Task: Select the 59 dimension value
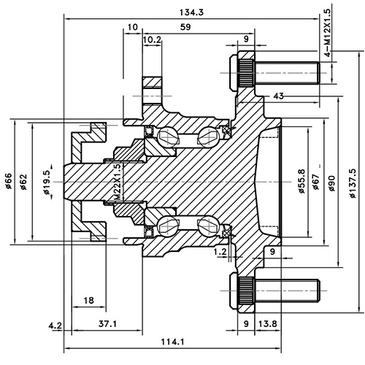186,28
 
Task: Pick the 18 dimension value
89,301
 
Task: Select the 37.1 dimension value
106,323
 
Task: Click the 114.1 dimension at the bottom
172,342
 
